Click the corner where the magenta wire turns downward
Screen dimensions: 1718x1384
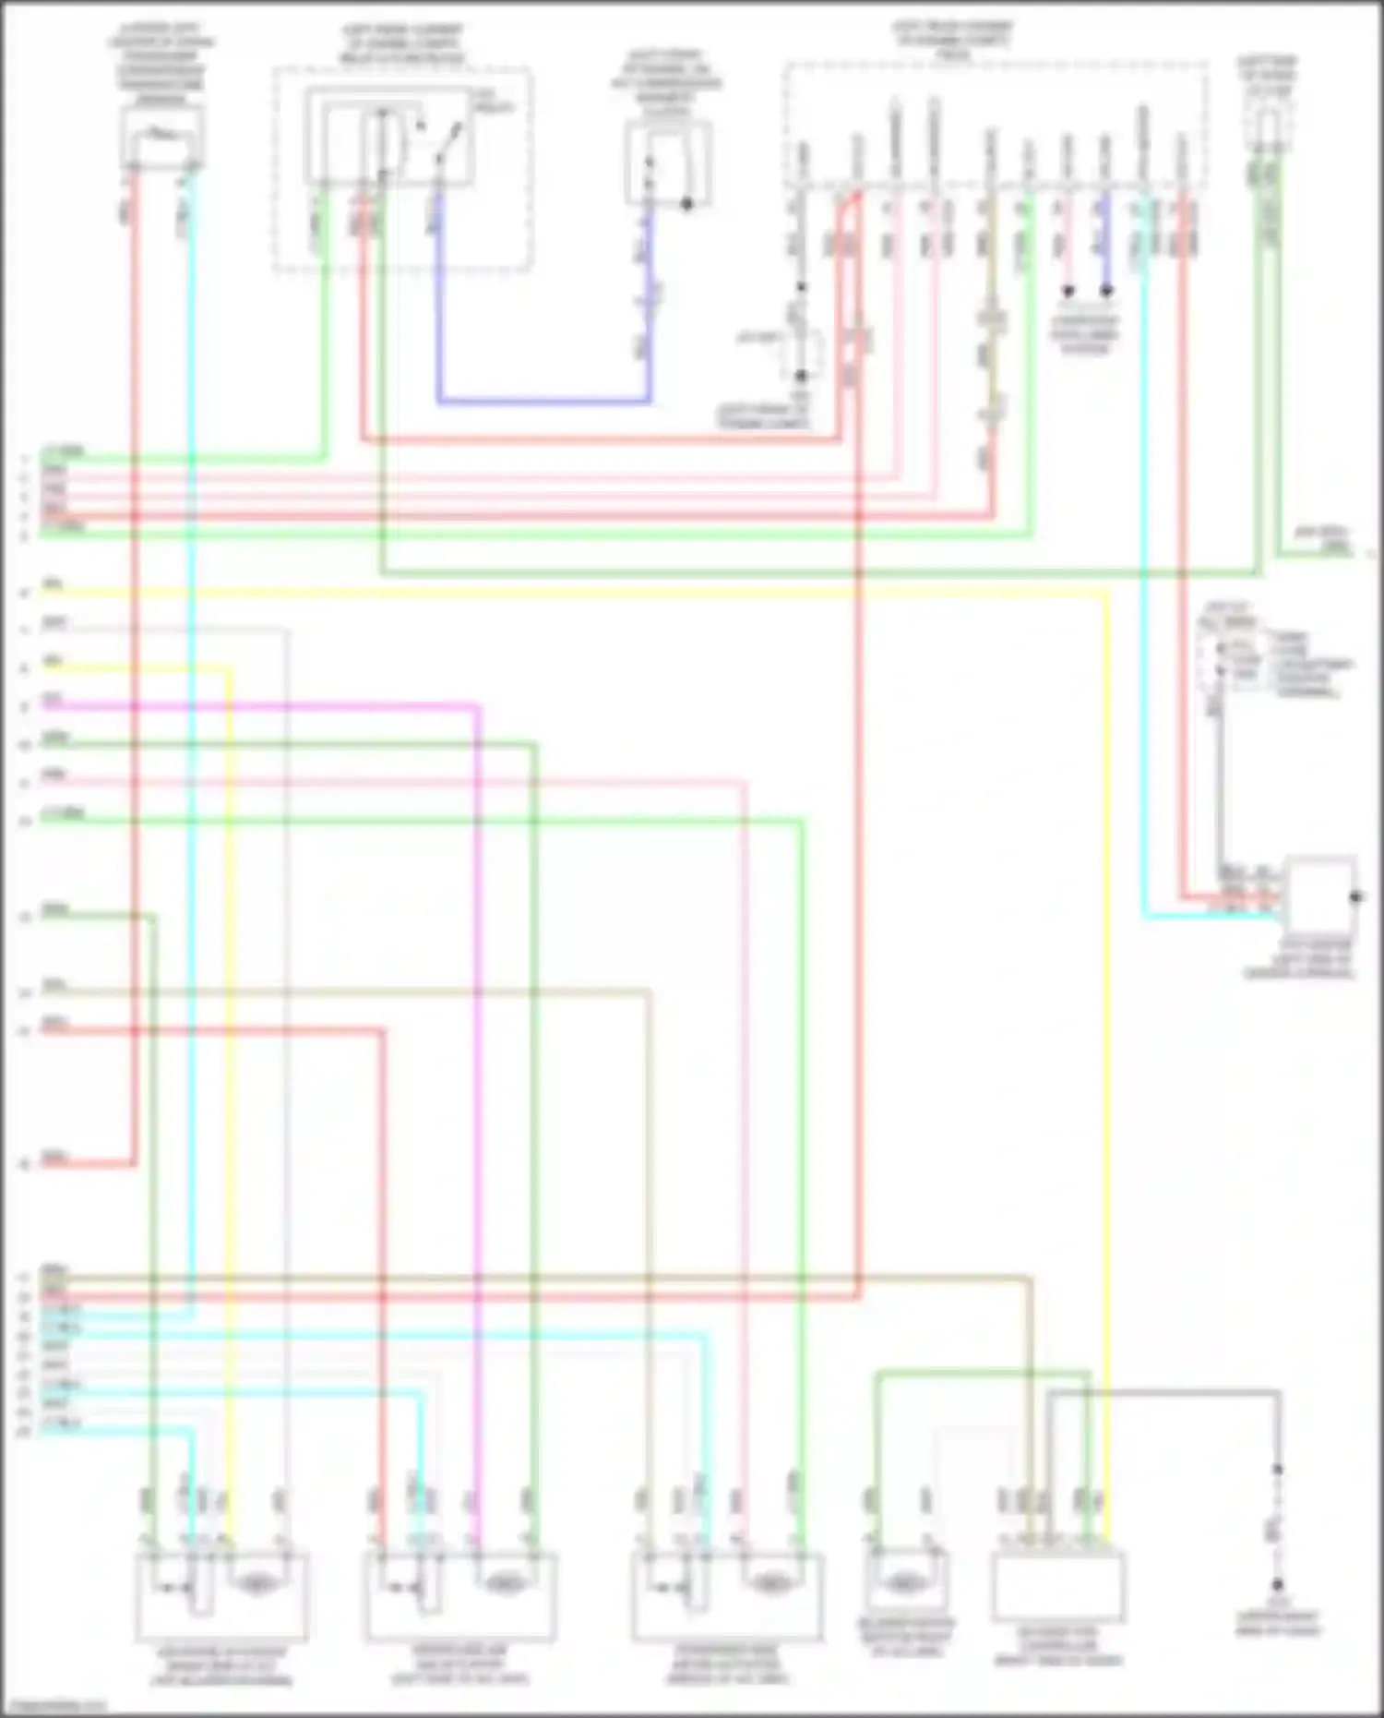click(x=477, y=708)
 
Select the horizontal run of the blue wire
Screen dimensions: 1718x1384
click(x=544, y=401)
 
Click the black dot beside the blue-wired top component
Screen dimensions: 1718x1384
click(x=686, y=204)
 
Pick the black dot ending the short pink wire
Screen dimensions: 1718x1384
click(x=1068, y=291)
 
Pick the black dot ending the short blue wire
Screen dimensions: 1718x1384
click(x=1105, y=291)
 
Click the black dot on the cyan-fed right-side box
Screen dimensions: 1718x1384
click(x=1355, y=896)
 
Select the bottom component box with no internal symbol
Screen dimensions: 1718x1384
click(x=1058, y=1585)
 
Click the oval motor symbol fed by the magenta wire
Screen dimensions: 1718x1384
click(x=506, y=1584)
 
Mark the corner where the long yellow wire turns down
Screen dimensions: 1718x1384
click(x=1105, y=595)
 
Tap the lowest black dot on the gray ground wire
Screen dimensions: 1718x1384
click(x=1278, y=1583)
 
